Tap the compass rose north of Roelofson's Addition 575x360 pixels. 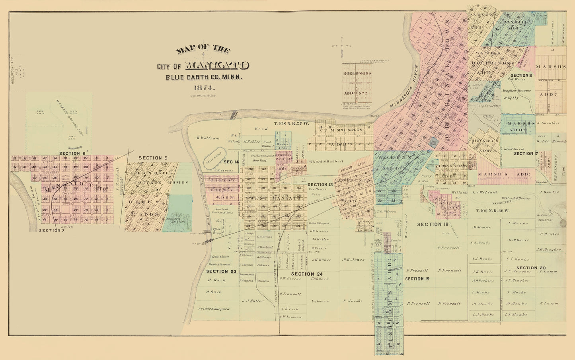341,46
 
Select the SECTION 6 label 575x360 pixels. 72,153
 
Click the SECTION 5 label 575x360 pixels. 153,158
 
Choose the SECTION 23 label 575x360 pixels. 221,271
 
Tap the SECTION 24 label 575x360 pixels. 306,274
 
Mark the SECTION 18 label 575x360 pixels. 433,224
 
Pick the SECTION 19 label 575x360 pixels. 417,279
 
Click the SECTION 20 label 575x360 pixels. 531,268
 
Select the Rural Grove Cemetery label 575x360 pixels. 176,222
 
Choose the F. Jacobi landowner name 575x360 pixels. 353,301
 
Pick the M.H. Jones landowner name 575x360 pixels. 353,259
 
